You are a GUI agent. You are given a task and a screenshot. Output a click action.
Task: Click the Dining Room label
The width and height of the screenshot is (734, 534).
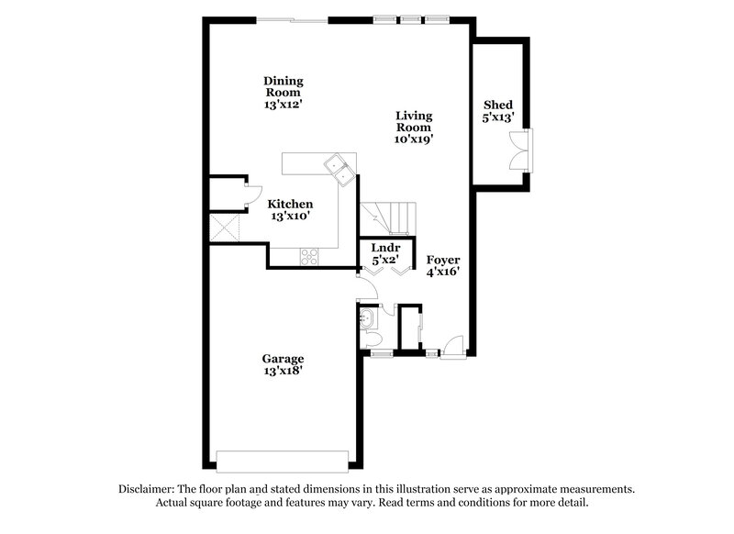click(283, 86)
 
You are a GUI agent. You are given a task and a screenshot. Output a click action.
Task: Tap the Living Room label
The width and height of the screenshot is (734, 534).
click(414, 121)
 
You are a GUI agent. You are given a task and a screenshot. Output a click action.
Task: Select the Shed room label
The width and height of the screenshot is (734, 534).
click(497, 106)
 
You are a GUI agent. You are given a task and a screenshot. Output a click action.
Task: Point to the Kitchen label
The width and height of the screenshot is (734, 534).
click(290, 204)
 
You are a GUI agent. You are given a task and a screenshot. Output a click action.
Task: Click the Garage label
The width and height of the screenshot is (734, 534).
click(283, 359)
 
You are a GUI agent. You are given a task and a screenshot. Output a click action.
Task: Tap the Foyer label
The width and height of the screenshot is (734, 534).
click(442, 260)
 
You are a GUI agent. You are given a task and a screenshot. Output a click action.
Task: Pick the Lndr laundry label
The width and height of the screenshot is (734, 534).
click(384, 248)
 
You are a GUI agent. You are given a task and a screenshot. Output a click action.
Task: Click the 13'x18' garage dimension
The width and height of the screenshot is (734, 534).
click(283, 372)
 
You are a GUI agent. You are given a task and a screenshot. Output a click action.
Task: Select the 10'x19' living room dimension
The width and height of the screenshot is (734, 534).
click(414, 140)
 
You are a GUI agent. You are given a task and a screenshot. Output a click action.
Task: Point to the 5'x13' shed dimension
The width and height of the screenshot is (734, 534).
click(497, 118)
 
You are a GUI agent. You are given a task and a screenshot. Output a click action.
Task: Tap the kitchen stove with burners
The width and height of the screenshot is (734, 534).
click(309, 257)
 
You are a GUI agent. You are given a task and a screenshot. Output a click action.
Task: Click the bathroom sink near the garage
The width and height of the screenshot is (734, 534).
click(368, 320)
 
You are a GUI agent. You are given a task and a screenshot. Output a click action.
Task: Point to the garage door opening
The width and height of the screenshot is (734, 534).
click(282, 459)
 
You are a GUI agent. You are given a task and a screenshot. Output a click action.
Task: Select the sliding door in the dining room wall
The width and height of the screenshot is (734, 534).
click(291, 19)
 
